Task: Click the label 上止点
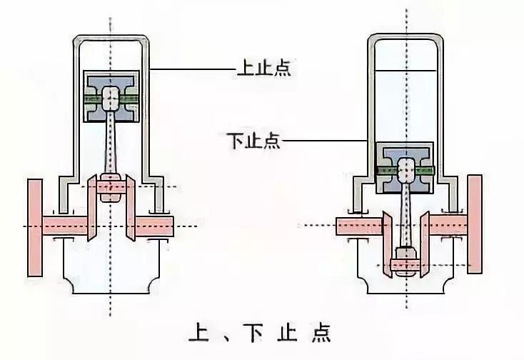tap(263, 70)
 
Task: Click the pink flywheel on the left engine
tap(34, 227)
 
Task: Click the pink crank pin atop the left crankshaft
tap(111, 186)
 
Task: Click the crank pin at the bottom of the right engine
tap(405, 264)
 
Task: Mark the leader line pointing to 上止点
tap(193, 69)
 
